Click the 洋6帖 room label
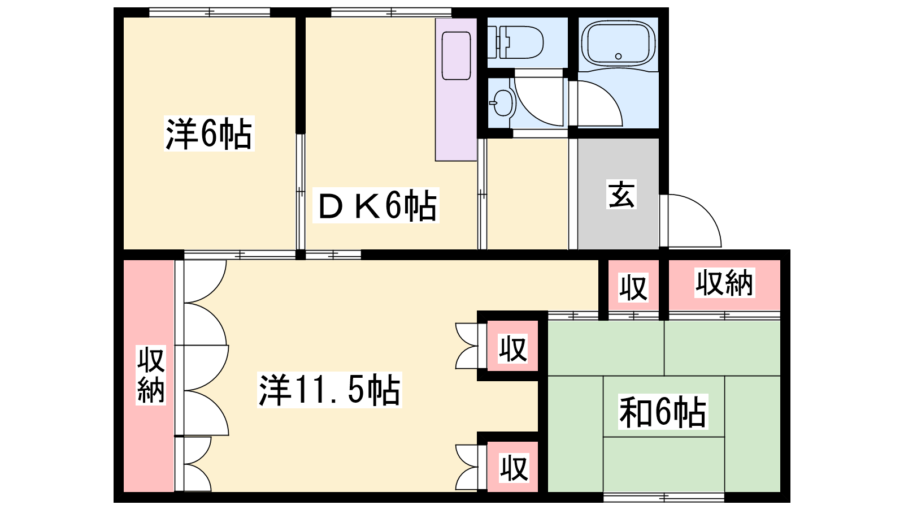tap(209, 133)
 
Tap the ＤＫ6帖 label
tap(376, 205)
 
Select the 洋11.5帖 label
tap(329, 390)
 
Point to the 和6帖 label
tap(663, 412)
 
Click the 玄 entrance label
tap(621, 194)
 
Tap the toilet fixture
tap(515, 42)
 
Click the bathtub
tap(618, 42)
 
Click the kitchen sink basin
tap(456, 56)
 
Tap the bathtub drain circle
tap(618, 56)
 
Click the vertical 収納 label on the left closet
tap(150, 376)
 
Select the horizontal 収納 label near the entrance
tap(724, 283)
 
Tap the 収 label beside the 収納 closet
tap(633, 287)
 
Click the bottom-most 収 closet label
tap(514, 468)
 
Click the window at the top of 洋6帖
tap(210, 12)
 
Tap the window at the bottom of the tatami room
tap(664, 497)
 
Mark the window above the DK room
tap(391, 12)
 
